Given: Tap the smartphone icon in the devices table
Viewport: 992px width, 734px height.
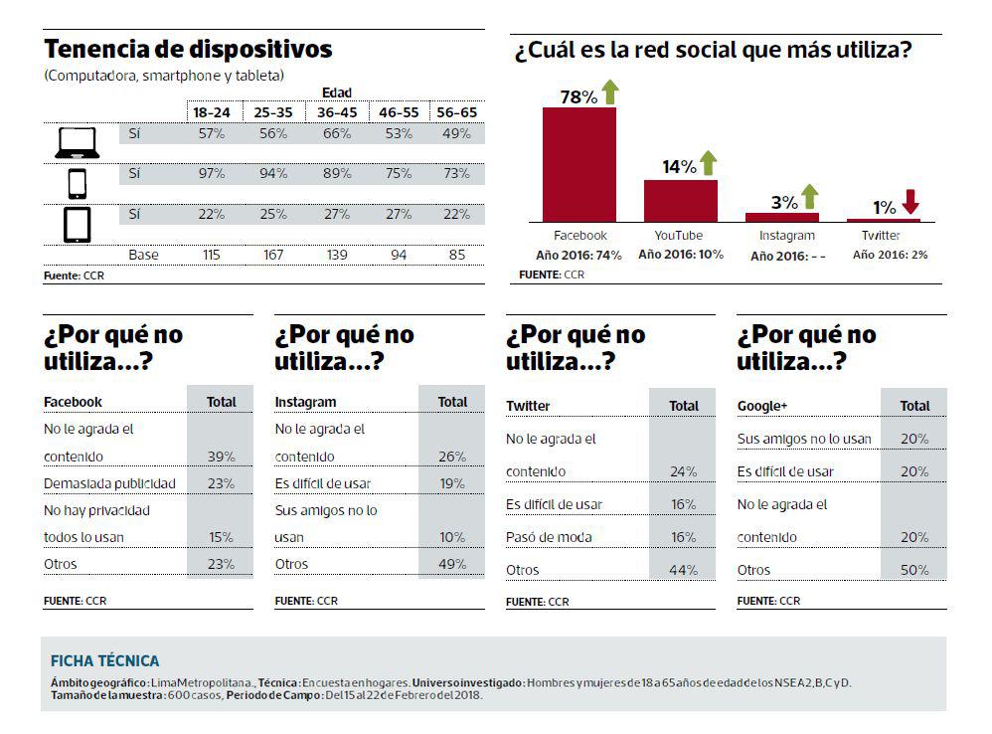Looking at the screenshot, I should (x=78, y=183).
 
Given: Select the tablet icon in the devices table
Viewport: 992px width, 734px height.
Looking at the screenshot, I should (x=78, y=224).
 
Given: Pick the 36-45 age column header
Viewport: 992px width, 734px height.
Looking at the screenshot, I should (x=337, y=112).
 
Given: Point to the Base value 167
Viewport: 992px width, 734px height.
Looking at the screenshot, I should (x=274, y=255).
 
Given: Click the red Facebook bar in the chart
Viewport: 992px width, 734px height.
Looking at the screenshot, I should (x=579, y=164).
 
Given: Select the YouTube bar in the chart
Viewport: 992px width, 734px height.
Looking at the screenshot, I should (x=680, y=200).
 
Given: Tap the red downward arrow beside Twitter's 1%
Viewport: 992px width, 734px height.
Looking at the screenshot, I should (x=910, y=202).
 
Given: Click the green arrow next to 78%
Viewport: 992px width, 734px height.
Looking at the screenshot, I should (x=609, y=93).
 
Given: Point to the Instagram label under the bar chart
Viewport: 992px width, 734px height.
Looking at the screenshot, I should (x=786, y=236).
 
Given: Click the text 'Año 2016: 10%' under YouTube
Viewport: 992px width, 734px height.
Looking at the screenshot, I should (x=681, y=254).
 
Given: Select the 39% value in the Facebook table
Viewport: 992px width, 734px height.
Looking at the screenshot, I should (x=221, y=457).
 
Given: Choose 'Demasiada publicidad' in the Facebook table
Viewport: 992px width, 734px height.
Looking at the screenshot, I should (x=109, y=483).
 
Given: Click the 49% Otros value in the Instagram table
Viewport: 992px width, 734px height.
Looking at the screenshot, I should (x=452, y=564).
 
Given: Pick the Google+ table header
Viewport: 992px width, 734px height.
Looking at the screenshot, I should (x=762, y=406).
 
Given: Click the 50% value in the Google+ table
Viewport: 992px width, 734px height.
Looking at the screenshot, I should (x=914, y=570).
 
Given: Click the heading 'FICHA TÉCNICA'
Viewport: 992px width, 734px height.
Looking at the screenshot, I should (x=104, y=660).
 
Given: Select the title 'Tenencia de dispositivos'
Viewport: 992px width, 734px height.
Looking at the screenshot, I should (x=188, y=50).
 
